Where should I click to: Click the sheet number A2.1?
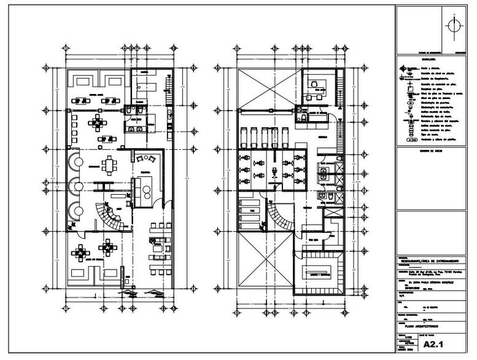[433, 345]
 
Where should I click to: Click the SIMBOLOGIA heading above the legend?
[412, 60]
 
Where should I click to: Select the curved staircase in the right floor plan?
[281, 217]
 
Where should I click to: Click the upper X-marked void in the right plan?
[268, 86]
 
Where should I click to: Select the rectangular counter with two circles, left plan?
[146, 192]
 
